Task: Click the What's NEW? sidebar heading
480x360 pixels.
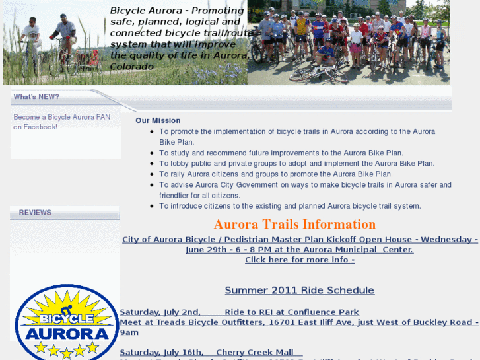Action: pos(36,97)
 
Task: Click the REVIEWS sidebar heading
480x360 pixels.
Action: pos(35,213)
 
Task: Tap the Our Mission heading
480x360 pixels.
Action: pos(158,120)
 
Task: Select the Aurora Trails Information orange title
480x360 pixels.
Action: pos(294,225)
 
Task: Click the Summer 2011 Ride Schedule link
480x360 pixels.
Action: pos(299,291)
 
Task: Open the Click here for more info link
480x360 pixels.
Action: pos(299,260)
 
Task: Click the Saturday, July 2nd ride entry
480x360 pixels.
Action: pos(239,312)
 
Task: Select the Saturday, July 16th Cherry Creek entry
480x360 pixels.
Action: pos(211,353)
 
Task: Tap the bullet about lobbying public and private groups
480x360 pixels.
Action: pos(296,164)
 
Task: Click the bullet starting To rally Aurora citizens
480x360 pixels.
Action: pos(275,174)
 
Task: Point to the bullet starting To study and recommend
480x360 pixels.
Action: pos(281,153)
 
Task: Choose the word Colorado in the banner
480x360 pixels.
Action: pos(132,67)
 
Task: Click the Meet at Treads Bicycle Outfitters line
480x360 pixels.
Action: pos(299,322)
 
